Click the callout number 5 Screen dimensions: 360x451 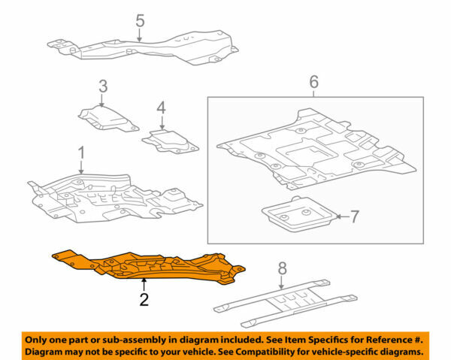click(139, 20)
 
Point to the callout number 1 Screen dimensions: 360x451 click(81, 154)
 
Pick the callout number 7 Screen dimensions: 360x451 click(355, 217)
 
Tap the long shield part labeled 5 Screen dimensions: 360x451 click(143, 47)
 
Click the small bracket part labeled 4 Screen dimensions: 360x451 click(170, 141)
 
